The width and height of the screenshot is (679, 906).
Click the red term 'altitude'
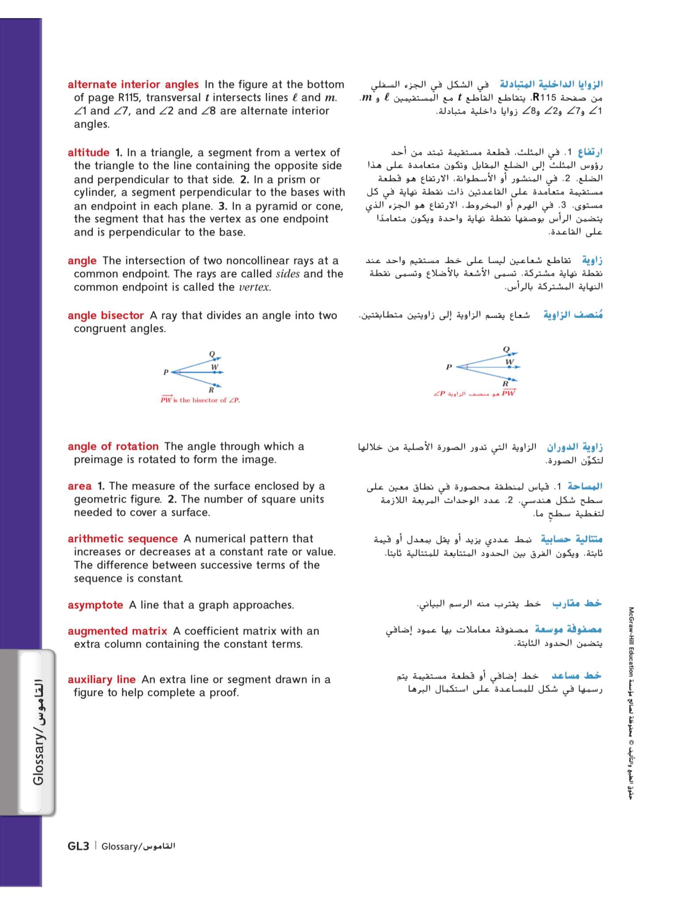point(88,153)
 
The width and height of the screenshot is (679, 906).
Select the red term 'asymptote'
point(95,605)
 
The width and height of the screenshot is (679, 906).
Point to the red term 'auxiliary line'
point(102,680)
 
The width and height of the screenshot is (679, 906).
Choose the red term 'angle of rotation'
point(113,446)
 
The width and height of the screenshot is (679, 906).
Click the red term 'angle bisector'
point(106,315)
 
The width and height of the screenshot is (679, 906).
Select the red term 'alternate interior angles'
point(133,85)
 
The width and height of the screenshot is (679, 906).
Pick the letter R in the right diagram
point(506,384)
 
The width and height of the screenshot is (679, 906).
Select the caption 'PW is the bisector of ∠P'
point(200,400)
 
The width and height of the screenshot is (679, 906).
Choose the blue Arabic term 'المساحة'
point(586,486)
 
